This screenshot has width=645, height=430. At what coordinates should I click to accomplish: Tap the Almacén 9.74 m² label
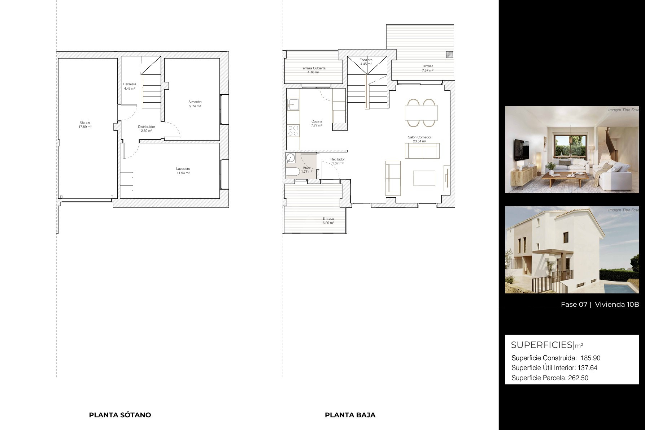click(195, 104)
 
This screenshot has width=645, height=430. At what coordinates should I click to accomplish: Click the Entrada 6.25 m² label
click(328, 221)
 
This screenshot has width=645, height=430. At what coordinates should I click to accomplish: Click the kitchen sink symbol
click(293, 104)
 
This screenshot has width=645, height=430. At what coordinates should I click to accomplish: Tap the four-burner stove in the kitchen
click(293, 130)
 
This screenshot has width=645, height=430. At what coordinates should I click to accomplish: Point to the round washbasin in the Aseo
click(291, 158)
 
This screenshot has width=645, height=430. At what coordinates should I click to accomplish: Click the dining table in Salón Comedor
click(422, 113)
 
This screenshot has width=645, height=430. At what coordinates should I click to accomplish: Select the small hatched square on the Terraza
click(449, 55)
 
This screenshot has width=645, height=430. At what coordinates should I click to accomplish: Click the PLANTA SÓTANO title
click(120, 415)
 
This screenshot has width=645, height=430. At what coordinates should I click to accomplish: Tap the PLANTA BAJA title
click(350, 415)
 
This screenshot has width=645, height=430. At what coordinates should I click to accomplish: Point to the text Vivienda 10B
click(617, 304)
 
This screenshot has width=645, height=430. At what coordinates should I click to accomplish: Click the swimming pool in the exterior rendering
click(625, 288)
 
